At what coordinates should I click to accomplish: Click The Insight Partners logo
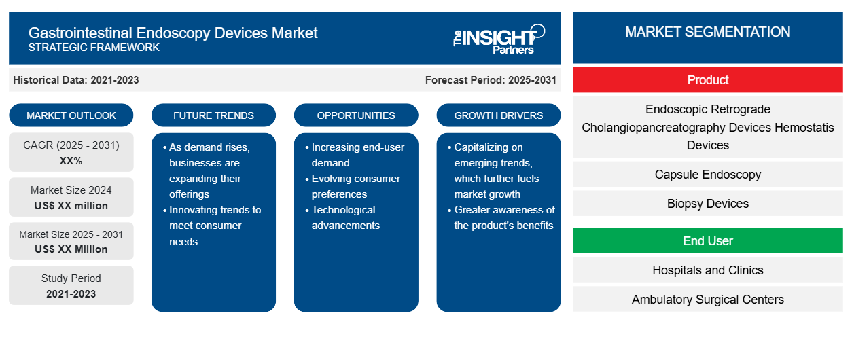(499, 39)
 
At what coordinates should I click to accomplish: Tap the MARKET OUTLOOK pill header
(71, 115)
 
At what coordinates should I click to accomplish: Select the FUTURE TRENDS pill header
(213, 115)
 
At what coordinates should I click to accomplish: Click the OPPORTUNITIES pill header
(356, 115)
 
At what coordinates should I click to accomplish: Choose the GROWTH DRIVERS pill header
(498, 115)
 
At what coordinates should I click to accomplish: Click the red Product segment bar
(707, 80)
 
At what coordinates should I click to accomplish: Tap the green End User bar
(707, 240)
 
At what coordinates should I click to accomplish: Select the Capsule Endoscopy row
(707, 174)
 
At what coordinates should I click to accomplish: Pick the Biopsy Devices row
(707, 203)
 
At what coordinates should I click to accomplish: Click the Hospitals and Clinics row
(707, 270)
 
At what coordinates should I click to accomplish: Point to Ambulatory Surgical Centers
(707, 299)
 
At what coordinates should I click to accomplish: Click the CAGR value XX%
(71, 161)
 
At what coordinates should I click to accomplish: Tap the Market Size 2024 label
(71, 190)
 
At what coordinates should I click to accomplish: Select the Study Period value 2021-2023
(71, 294)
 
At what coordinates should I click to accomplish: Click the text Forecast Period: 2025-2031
(491, 80)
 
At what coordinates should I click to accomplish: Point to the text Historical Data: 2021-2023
(76, 80)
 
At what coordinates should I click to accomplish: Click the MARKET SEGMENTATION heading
(707, 32)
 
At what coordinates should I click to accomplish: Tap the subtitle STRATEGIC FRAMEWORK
(94, 48)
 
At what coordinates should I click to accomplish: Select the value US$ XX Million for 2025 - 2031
(71, 249)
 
